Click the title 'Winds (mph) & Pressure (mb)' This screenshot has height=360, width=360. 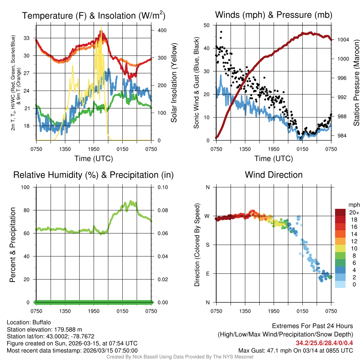(274, 15)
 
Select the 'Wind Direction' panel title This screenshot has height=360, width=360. (274, 175)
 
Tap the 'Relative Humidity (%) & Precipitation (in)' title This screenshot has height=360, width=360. (93, 175)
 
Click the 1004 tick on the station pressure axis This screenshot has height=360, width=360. (342, 40)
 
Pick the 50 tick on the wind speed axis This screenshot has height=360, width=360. (207, 25)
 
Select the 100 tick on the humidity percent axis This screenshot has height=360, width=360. (27, 187)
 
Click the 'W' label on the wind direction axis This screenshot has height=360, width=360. (207, 216)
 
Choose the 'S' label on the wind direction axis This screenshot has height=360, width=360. (208, 245)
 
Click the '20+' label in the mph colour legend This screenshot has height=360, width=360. (354, 212)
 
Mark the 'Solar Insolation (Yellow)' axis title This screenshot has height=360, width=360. (174, 83)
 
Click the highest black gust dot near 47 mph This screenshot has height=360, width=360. (221, 32)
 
